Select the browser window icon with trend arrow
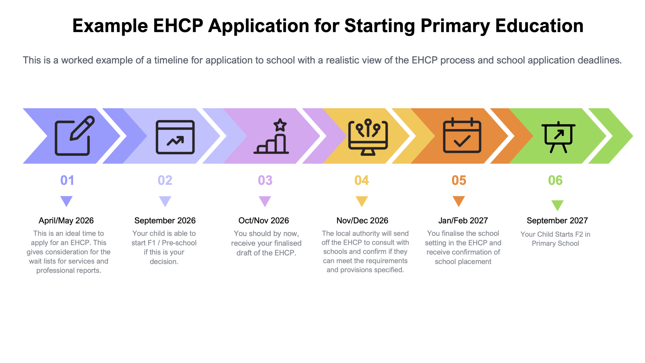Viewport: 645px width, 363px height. [x=175, y=137]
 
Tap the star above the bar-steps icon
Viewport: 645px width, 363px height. [x=280, y=125]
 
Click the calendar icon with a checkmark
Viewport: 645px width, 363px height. [x=462, y=135]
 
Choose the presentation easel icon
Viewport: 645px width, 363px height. [x=558, y=137]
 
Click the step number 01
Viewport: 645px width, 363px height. [x=67, y=180]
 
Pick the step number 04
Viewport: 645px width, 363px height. [x=362, y=180]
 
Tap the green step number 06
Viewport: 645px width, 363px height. [x=555, y=180]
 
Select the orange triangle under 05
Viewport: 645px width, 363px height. [x=459, y=201]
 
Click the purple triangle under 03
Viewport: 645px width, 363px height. [x=265, y=201]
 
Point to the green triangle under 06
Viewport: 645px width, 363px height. [x=557, y=205]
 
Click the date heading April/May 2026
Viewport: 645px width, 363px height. [x=66, y=221]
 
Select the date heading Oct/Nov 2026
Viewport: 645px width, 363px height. [x=264, y=221]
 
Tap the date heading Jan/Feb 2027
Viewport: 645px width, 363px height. [x=463, y=221]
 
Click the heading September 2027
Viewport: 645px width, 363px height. [x=557, y=221]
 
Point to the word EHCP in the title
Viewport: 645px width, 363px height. [x=178, y=26]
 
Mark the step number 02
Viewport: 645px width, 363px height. [x=165, y=180]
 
